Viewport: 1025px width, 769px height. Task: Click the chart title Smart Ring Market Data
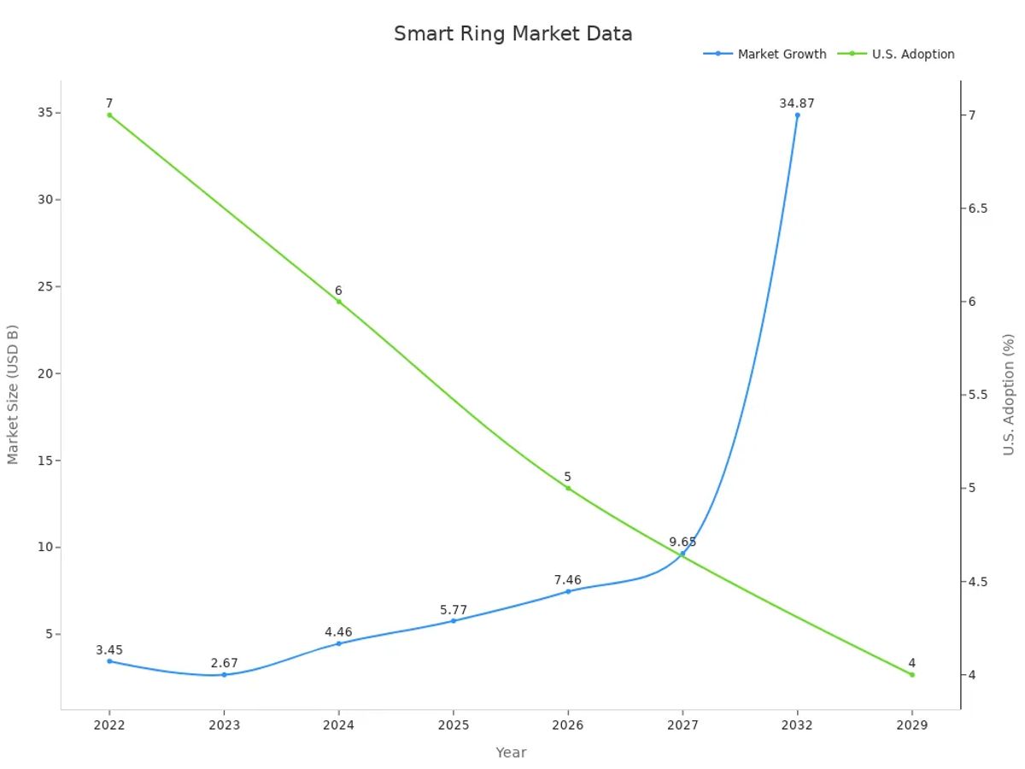point(512,34)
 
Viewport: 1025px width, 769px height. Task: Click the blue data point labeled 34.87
point(797,115)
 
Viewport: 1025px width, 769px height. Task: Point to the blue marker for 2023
point(224,675)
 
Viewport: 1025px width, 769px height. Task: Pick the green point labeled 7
point(109,115)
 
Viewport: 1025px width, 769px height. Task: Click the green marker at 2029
point(911,675)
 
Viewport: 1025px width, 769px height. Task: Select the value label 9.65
point(682,542)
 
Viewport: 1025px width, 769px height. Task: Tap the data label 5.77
point(454,610)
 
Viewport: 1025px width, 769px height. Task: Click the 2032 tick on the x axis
point(797,725)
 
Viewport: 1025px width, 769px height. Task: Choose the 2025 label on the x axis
point(453,725)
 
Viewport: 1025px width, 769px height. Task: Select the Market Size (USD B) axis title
point(13,394)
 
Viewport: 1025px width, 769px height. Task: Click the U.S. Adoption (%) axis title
point(1009,394)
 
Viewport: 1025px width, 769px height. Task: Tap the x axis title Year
point(511,753)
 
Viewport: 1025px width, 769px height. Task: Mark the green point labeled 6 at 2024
point(338,302)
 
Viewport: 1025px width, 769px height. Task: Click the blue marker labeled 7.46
point(568,591)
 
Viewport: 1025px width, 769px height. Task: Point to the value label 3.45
point(109,650)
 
